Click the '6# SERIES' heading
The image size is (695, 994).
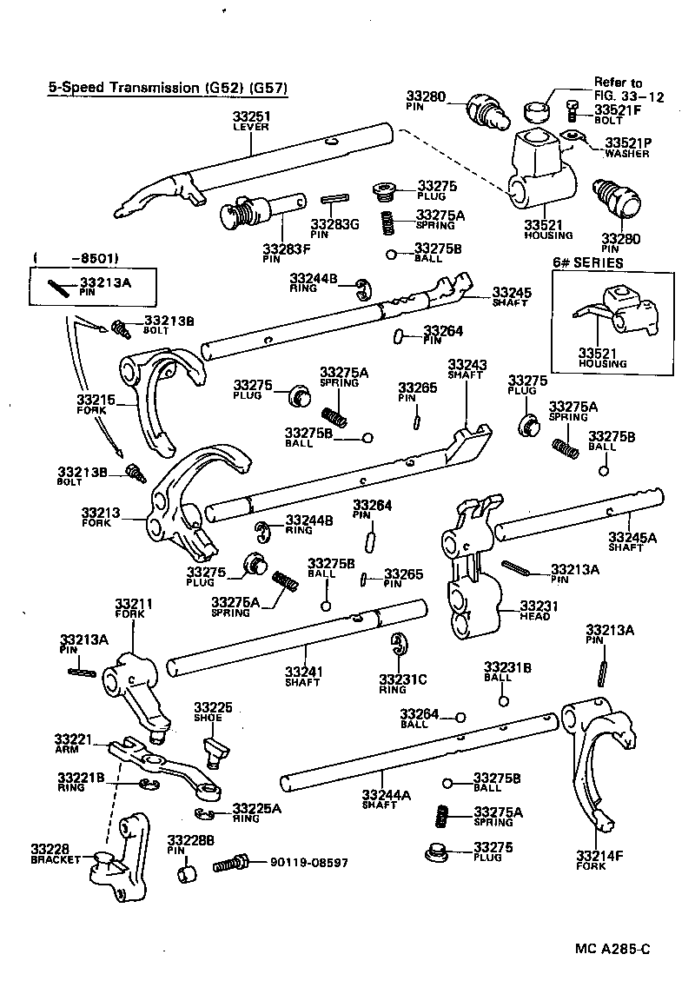(x=589, y=263)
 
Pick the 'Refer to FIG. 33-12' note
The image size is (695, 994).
(x=628, y=89)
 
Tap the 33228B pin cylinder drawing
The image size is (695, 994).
(x=185, y=871)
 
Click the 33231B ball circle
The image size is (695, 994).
(x=502, y=700)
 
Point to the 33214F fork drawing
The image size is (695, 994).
(x=599, y=765)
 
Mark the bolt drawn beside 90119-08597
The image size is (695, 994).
(x=229, y=865)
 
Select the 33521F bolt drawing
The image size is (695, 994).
(x=573, y=110)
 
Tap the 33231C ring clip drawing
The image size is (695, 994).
(x=399, y=644)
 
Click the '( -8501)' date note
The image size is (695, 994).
(x=76, y=258)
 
